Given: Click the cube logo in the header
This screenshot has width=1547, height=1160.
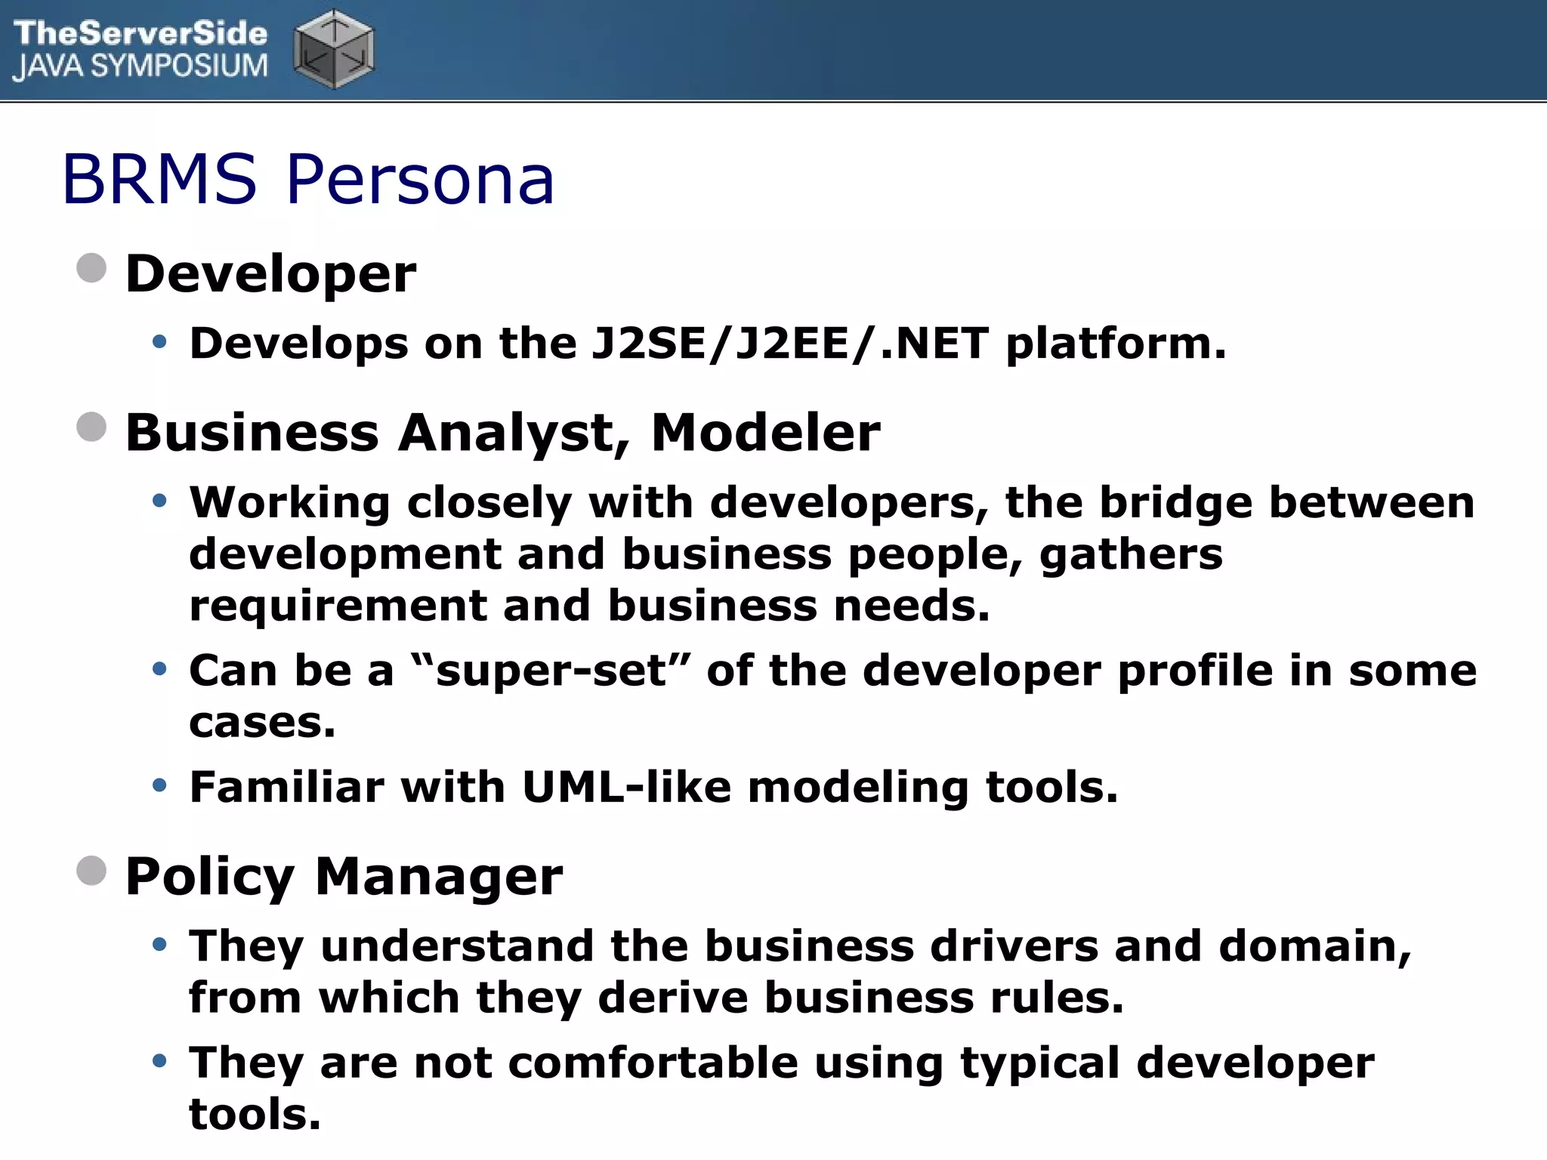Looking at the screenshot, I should tap(334, 49).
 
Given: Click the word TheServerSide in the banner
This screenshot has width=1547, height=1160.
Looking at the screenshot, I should tap(140, 33).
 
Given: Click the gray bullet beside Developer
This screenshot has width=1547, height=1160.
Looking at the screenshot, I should tap(91, 268).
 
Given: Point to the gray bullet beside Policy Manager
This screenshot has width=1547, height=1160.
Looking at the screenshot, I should tap(91, 871).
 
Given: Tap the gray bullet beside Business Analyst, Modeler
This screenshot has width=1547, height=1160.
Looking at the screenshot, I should tap(91, 427).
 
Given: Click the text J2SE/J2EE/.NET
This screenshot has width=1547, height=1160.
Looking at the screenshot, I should tap(789, 344).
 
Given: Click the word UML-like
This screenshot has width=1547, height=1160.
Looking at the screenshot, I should tap(626, 787).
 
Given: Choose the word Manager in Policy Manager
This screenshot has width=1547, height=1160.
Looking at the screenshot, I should tap(438, 877).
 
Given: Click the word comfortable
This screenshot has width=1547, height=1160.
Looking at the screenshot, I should tap(653, 1063).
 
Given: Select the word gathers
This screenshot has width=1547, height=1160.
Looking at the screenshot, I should tap(1131, 554).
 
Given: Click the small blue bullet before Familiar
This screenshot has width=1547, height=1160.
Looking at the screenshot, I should tap(159, 786).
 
